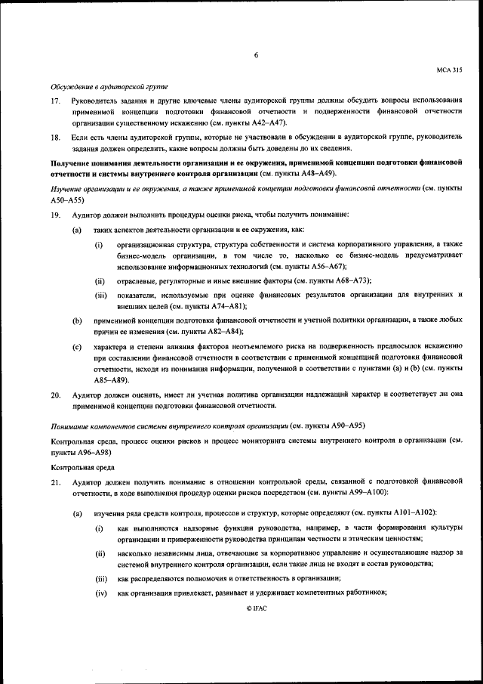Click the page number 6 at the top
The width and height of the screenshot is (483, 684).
point(256,55)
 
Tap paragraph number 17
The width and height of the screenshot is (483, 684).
point(56,101)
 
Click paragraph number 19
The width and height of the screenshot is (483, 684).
point(56,215)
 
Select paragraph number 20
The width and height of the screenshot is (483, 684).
point(56,395)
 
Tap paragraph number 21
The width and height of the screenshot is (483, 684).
point(56,481)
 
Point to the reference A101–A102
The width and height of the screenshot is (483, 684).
point(413,514)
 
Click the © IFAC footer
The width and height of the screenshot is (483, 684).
point(256,608)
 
